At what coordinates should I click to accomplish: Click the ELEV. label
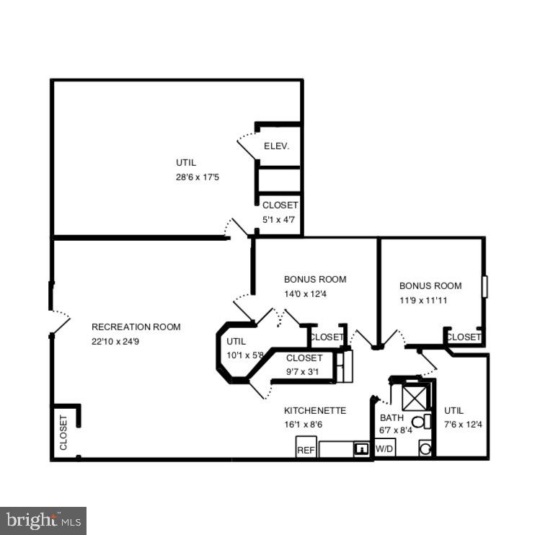click(x=276, y=146)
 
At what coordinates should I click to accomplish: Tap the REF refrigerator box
click(x=306, y=449)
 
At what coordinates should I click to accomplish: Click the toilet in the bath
click(x=418, y=422)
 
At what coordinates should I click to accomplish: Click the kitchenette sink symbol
click(x=360, y=449)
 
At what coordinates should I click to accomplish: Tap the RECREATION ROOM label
click(x=136, y=327)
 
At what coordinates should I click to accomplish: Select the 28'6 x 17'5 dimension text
click(x=198, y=176)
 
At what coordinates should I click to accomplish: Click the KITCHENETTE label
click(x=315, y=410)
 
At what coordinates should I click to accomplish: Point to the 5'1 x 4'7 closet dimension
click(x=279, y=219)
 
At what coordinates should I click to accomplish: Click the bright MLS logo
click(x=43, y=520)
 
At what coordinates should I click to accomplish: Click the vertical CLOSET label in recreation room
click(x=63, y=432)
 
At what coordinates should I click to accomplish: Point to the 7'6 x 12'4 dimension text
click(x=463, y=424)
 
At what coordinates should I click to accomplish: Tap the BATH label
click(x=391, y=417)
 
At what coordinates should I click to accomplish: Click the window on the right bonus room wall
click(x=485, y=286)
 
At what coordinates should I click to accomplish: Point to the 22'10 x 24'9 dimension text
click(x=115, y=341)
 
